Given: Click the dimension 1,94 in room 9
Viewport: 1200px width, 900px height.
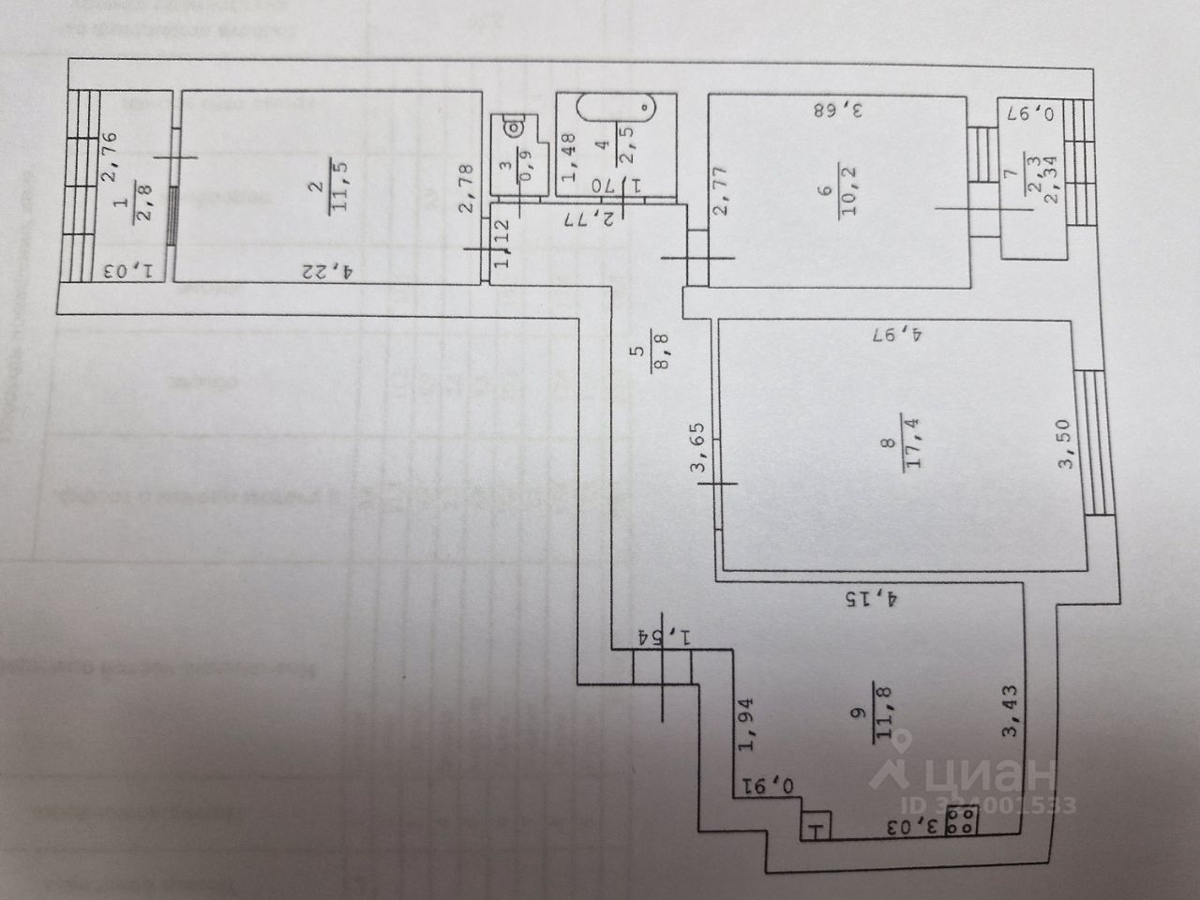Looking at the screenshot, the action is coord(747,725).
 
